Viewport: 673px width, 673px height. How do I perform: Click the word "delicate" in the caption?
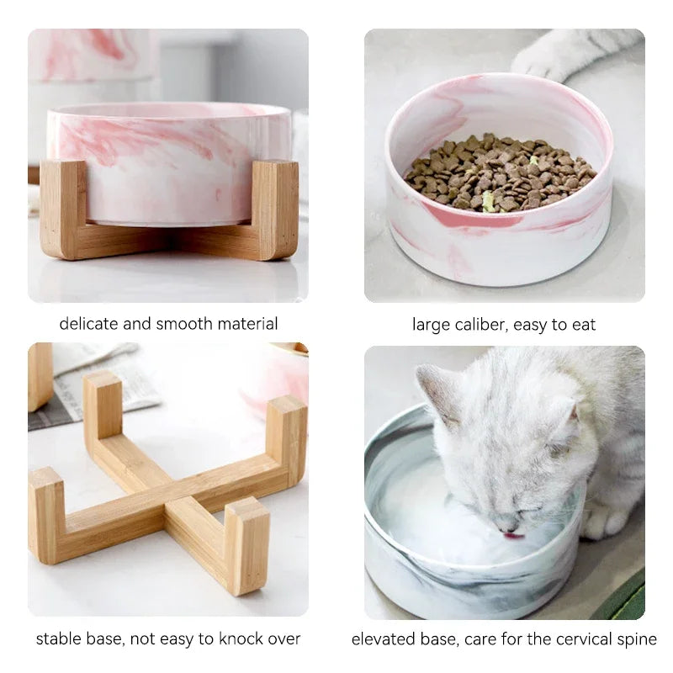[x=88, y=324]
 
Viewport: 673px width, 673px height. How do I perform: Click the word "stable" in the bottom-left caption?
[x=56, y=639]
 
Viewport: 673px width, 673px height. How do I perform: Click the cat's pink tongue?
[x=512, y=534]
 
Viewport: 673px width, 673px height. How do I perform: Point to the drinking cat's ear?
[x=442, y=389]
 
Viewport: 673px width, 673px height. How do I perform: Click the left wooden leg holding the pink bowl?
[x=63, y=210]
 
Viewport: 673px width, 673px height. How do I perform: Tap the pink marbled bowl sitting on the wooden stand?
[x=168, y=160]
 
